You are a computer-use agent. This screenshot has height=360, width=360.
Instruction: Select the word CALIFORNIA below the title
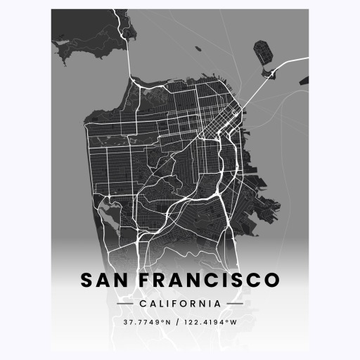click(x=180, y=304)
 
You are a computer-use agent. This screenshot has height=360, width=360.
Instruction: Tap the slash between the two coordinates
click(x=178, y=322)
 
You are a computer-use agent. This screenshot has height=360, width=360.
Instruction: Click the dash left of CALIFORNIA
click(x=126, y=304)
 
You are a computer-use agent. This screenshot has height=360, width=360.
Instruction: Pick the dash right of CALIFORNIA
click(x=234, y=304)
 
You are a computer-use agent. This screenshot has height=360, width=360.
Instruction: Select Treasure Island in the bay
click(x=264, y=53)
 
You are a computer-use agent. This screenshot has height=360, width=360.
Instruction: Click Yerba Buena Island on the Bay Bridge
click(x=272, y=72)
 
